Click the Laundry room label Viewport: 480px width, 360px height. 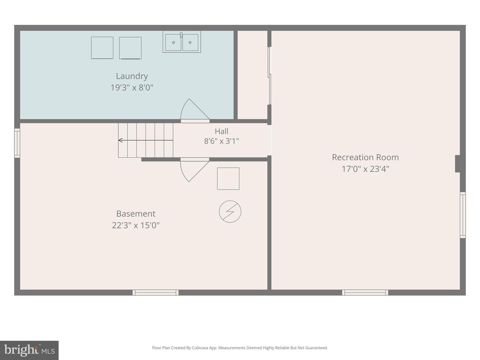pyautogui.click(x=132, y=76)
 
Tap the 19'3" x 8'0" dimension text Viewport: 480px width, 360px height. pyautogui.click(x=132, y=88)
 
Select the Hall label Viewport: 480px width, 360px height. pyautogui.click(x=221, y=131)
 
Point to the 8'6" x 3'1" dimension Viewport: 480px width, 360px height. pyautogui.click(x=221, y=141)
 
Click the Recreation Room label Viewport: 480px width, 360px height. pyautogui.click(x=365, y=157)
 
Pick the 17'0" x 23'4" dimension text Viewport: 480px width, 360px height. pyautogui.click(x=365, y=169)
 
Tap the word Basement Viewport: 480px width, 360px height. pyautogui.click(x=136, y=214)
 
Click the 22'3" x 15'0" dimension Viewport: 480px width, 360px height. pyautogui.click(x=136, y=225)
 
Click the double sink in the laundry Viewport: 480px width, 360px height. pyautogui.click(x=182, y=42)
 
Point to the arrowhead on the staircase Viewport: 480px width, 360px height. pyautogui.click(x=120, y=140)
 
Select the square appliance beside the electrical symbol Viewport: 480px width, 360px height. pyautogui.click(x=228, y=179)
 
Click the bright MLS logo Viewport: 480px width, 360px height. pyautogui.click(x=29, y=350)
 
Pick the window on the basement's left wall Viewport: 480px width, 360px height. pyautogui.click(x=17, y=143)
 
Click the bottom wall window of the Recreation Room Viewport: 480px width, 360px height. pyautogui.click(x=365, y=292)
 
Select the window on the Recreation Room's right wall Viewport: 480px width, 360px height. pyautogui.click(x=463, y=215)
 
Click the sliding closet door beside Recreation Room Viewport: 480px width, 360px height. pyautogui.click(x=269, y=76)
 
